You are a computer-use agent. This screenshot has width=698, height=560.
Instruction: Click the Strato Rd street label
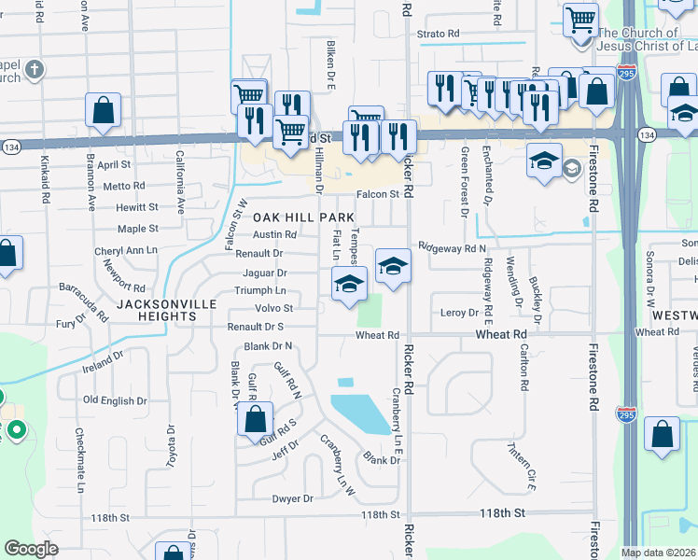(x=439, y=34)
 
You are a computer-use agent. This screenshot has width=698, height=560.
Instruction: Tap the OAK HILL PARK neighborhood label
(x=304, y=217)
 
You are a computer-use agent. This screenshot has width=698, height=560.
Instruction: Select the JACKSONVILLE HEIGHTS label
(x=156, y=310)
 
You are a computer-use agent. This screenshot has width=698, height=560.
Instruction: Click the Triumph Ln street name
(x=260, y=291)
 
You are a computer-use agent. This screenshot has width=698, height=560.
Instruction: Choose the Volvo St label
(x=274, y=308)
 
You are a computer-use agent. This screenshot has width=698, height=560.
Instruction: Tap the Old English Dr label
(x=116, y=400)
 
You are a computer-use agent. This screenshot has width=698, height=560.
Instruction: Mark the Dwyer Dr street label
(x=292, y=498)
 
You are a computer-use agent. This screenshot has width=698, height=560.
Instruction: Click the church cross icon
(x=35, y=69)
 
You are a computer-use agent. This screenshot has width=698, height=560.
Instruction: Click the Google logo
(x=31, y=549)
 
